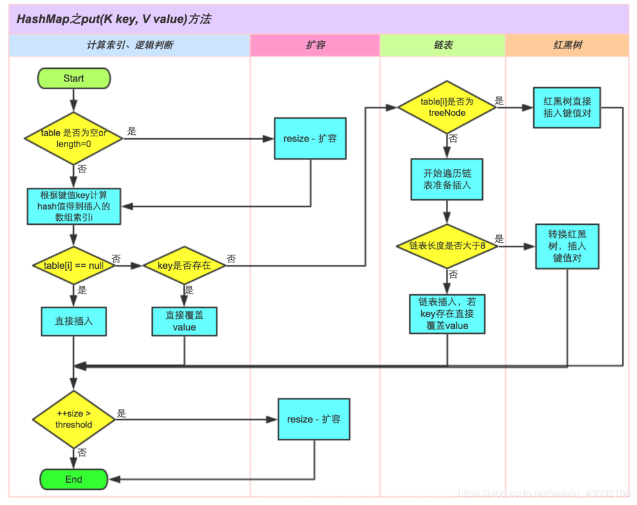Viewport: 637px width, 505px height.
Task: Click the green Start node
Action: click(73, 78)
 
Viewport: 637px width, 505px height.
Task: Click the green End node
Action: click(73, 480)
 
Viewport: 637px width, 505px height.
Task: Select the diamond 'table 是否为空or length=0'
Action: click(73, 138)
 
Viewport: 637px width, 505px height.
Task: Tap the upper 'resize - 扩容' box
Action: click(310, 138)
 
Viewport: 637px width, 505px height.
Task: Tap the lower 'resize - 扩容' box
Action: click(314, 420)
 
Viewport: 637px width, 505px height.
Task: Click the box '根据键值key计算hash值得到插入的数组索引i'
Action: click(73, 206)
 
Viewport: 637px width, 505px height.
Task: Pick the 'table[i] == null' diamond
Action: click(73, 266)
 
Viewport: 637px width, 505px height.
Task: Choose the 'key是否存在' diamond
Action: click(184, 266)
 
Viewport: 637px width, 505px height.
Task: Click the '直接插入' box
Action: click(73, 322)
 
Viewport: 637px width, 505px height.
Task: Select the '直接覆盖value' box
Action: click(184, 322)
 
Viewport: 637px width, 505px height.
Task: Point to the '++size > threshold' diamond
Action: click(73, 419)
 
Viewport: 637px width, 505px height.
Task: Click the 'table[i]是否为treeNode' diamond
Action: click(447, 107)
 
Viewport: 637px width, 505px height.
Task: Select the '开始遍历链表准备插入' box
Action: click(447, 180)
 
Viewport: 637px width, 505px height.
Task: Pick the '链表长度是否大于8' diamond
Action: click(447, 246)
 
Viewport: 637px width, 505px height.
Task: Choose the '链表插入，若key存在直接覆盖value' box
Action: click(447, 314)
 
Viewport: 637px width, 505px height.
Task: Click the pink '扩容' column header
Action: click(315, 45)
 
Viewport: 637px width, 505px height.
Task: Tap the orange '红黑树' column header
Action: click(567, 45)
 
